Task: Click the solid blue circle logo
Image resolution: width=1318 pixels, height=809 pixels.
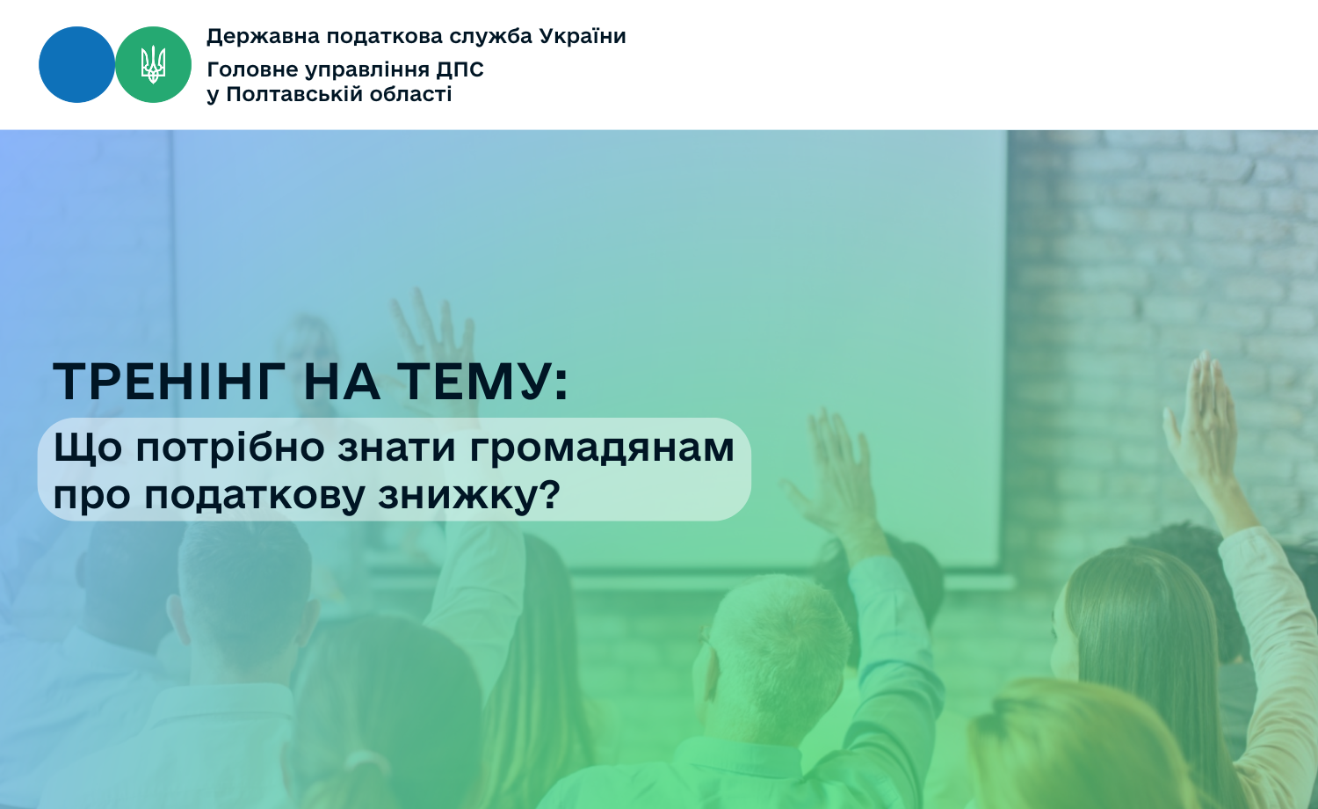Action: click(76, 65)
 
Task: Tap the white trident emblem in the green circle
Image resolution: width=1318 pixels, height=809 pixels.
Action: click(153, 65)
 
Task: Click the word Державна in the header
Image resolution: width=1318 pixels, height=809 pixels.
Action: click(263, 37)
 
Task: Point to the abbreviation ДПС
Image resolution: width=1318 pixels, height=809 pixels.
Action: click(460, 70)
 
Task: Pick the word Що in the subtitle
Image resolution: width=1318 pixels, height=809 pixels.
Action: click(88, 448)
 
